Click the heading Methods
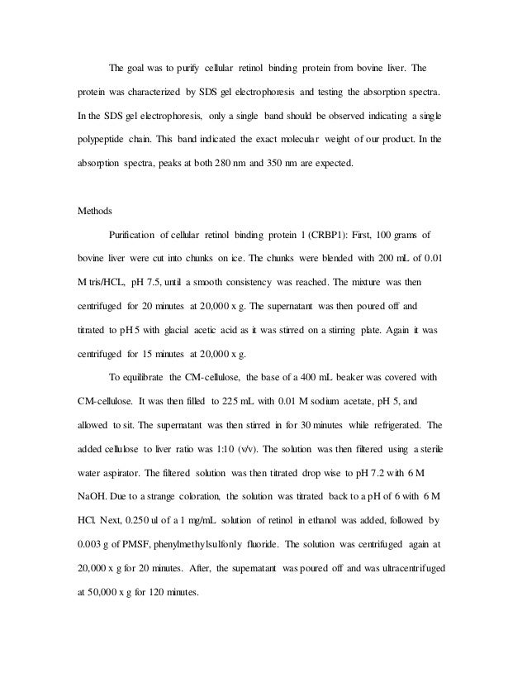pyautogui.click(x=94, y=211)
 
